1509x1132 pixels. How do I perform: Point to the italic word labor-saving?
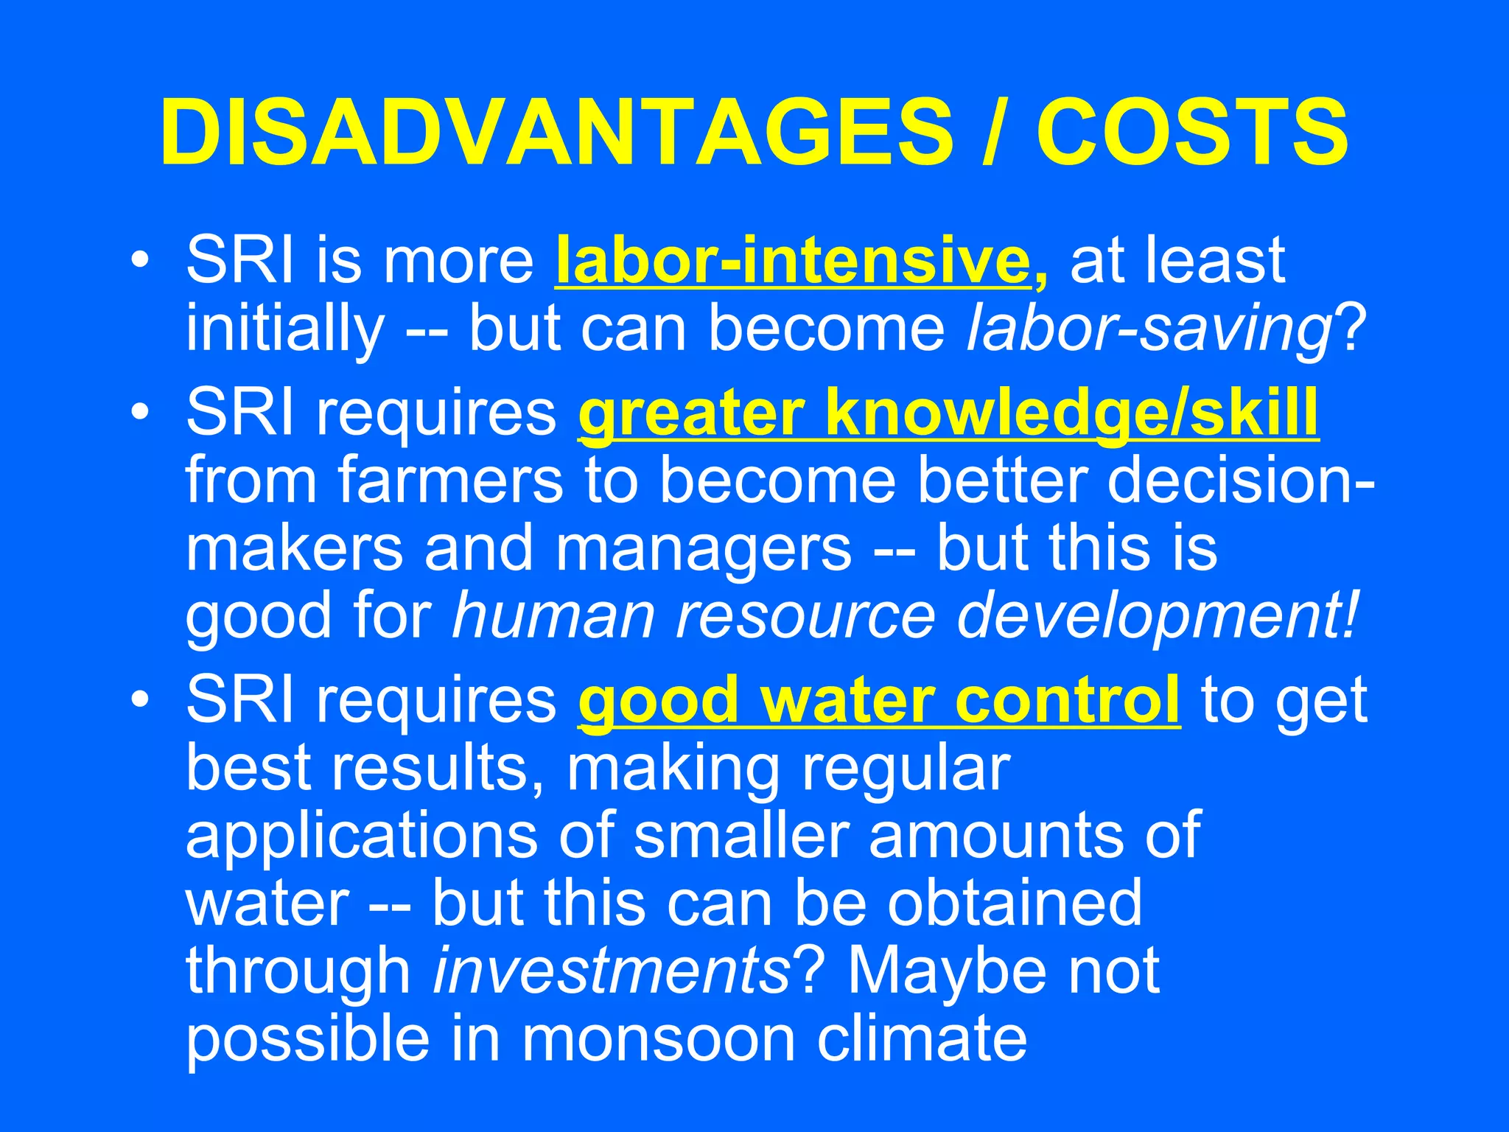click(x=1149, y=329)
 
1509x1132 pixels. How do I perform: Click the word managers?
click(x=704, y=549)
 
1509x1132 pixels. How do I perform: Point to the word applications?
click(x=362, y=837)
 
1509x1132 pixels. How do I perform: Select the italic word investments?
click(x=612, y=971)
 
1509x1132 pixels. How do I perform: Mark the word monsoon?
click(x=659, y=1039)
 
